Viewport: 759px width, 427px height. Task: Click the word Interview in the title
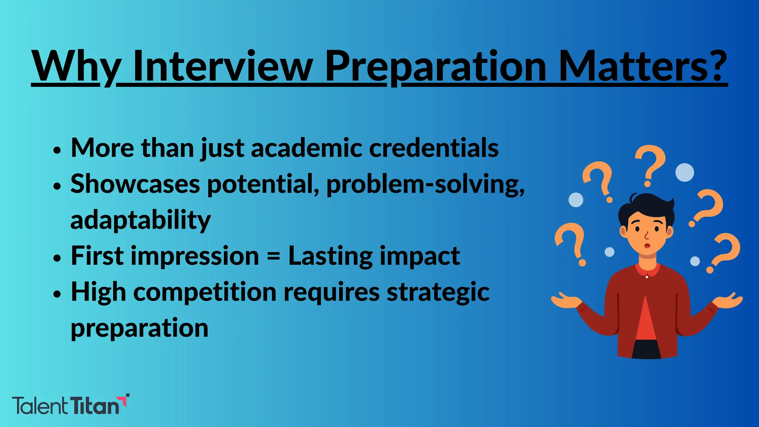pyautogui.click(x=222, y=67)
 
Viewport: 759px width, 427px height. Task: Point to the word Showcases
pyautogui.click(x=135, y=184)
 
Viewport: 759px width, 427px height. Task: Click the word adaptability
pyautogui.click(x=140, y=220)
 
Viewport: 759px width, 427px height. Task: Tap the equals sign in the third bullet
pyautogui.click(x=274, y=256)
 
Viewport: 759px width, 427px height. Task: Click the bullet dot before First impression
pyautogui.click(x=56, y=258)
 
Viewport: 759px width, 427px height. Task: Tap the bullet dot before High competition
pyautogui.click(x=56, y=294)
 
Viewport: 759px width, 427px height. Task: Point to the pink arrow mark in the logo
pyautogui.click(x=125, y=400)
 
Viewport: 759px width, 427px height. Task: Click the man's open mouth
pyautogui.click(x=647, y=246)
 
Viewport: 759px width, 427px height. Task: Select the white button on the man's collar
pyautogui.click(x=647, y=277)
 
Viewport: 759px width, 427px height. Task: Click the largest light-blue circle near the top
pyautogui.click(x=685, y=172)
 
